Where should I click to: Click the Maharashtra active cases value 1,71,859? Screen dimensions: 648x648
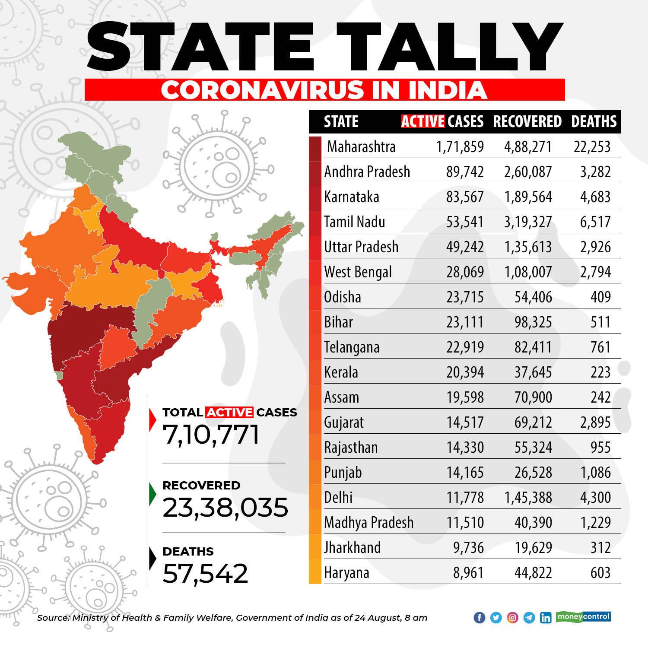pos(460,147)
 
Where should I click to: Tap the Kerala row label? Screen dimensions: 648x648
pos(341,372)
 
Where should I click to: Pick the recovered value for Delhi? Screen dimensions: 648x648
pos(528,498)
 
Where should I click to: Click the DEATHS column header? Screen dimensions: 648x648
pos(594,121)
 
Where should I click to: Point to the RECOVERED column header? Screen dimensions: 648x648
pos(527,121)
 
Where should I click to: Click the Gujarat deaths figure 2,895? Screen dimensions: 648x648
pos(596,422)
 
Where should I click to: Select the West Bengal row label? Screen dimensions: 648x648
pos(358,272)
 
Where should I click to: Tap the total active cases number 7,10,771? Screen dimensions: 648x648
pos(211,434)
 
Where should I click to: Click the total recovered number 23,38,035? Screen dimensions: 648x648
pos(225,508)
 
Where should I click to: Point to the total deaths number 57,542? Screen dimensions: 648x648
pos(206,573)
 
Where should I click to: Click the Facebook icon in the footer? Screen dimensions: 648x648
pos(480,618)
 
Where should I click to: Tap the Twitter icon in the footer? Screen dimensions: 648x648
pos(496,618)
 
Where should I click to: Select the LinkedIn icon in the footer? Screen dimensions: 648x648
pos(546,618)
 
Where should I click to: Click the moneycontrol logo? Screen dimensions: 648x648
pos(583,616)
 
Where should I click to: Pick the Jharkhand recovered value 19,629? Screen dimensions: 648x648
pos(533,548)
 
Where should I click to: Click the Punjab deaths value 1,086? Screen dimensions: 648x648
pos(597,473)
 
